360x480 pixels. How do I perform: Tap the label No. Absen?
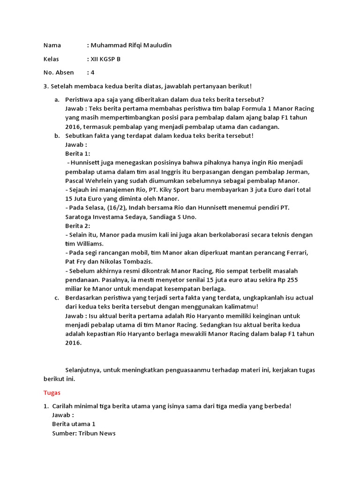pos(59,73)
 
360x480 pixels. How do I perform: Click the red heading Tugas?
pos(52,392)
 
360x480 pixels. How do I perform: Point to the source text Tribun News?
pos(97,433)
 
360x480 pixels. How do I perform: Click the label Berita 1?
pos(78,154)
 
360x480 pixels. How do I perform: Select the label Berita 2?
pos(78,225)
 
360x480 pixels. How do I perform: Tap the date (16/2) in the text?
pos(114,208)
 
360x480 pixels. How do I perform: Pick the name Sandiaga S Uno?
pos(173,217)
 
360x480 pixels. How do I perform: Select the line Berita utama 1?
pos(74,424)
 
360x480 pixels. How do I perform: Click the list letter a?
pos(56,99)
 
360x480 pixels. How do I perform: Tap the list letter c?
pos(56,298)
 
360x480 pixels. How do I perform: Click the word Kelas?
pos(52,59)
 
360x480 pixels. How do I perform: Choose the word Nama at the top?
pos(52,45)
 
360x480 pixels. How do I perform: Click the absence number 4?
pos(93,73)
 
